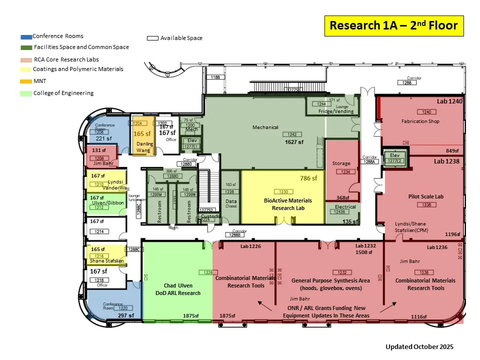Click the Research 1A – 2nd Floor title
coord(394,26)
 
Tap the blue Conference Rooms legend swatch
coord(26,37)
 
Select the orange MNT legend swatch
coord(26,81)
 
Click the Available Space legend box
coord(152,38)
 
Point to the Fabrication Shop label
coord(420,121)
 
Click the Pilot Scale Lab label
coord(425,196)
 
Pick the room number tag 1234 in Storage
coord(345,172)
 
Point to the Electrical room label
coord(345,207)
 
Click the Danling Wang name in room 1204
coord(143,147)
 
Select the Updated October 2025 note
coord(419,346)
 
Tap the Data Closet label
coord(231,203)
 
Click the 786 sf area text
coord(309,178)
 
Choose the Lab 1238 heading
coord(446,161)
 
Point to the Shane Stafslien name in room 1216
coord(106,260)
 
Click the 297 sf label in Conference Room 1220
coord(126,315)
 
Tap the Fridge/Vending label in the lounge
coord(336,111)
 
